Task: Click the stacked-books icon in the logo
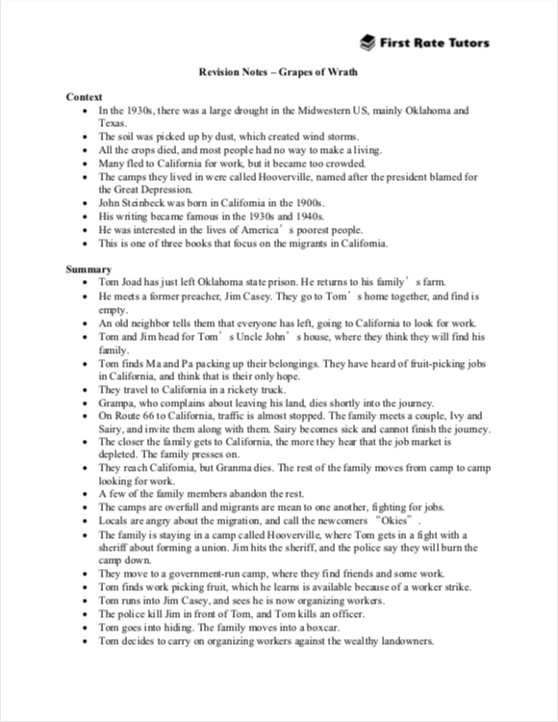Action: click(x=368, y=42)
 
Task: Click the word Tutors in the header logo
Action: click(x=466, y=42)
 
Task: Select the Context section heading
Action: click(x=85, y=97)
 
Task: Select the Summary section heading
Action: click(x=89, y=269)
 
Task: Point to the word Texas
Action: click(x=113, y=123)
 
